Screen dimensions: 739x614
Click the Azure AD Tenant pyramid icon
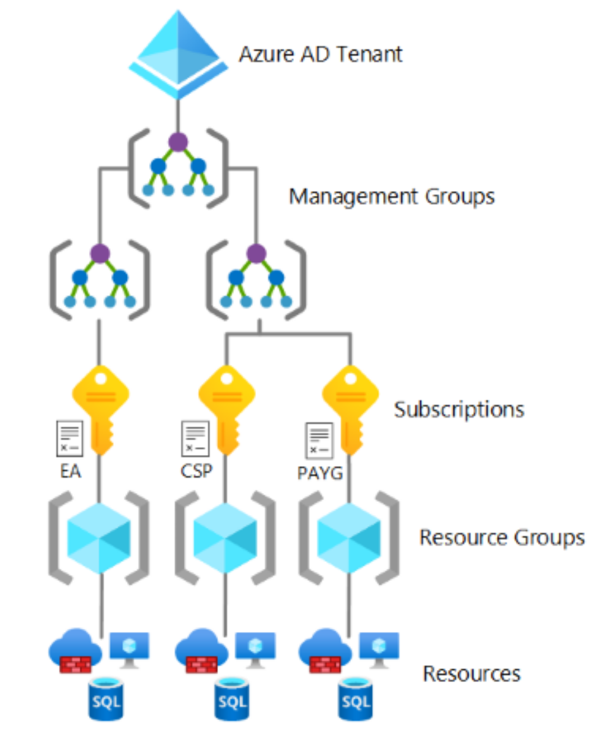click(178, 53)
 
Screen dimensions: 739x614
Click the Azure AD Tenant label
click(320, 54)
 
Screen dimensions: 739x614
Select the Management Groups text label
click(391, 196)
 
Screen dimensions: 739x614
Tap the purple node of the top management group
click(178, 142)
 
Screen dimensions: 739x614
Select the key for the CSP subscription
click(226, 405)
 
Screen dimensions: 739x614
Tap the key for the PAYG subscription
click(350, 405)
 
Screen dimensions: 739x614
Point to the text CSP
click(195, 472)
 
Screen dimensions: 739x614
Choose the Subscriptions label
click(459, 410)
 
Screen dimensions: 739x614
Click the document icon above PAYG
click(319, 440)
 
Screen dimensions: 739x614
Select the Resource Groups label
click(502, 537)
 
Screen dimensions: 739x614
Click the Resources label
click(472, 673)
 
